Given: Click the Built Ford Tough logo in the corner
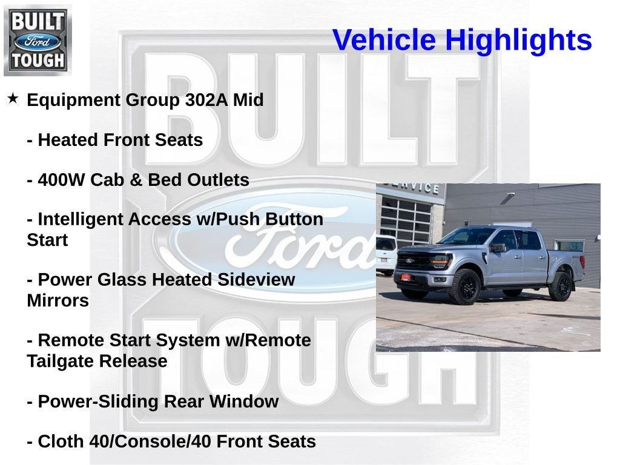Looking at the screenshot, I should point(38,40).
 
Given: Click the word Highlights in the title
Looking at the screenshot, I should point(518,41).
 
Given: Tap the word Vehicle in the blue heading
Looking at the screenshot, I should point(384,41).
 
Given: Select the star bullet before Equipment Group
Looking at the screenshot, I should point(13,98).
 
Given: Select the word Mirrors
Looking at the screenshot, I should point(58,301).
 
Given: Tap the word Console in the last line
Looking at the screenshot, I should point(147,441).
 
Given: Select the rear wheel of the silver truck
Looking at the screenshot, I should point(559,286).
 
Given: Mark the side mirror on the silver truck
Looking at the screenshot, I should point(498,248).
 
